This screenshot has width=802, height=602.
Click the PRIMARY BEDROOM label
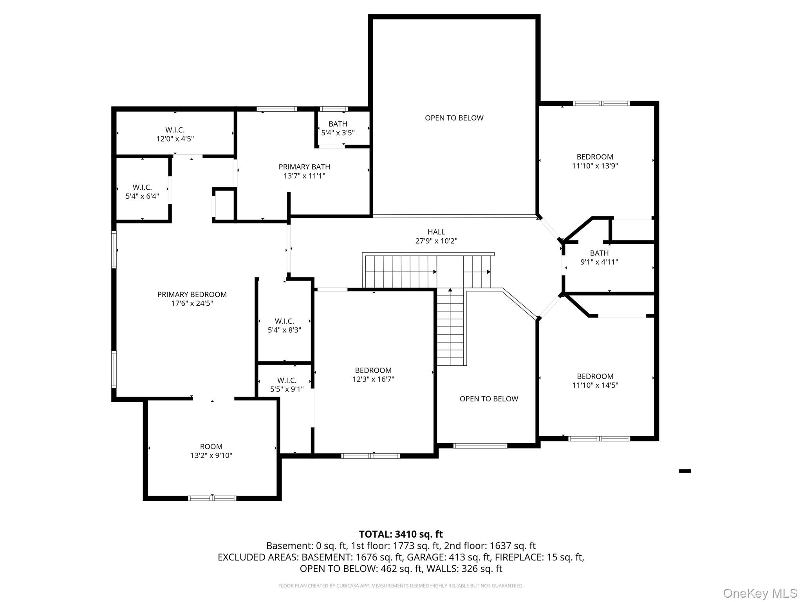click(192, 294)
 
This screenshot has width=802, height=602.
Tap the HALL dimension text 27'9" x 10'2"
click(436, 241)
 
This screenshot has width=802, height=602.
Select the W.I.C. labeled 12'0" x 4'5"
click(175, 134)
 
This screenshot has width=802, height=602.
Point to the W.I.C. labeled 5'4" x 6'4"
click(142, 192)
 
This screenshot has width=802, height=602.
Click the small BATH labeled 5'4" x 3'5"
click(338, 128)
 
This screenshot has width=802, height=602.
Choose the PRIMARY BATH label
click(304, 167)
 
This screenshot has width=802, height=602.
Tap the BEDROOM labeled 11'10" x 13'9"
click(595, 161)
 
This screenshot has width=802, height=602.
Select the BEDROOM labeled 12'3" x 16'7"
click(373, 375)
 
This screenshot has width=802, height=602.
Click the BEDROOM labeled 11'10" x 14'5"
click(595, 381)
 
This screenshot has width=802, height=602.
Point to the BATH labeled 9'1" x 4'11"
click(599, 257)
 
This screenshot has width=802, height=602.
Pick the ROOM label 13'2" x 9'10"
click(211, 451)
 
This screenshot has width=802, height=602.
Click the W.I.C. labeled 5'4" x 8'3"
click(284, 325)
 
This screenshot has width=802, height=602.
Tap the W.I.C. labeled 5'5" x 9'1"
click(287, 384)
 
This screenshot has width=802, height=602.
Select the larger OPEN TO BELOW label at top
click(454, 118)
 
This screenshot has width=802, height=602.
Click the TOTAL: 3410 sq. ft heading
click(401, 534)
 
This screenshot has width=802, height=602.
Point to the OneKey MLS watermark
click(760, 593)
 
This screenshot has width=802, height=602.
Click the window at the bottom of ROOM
click(212, 498)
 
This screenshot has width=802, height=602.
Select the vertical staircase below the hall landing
click(450, 329)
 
